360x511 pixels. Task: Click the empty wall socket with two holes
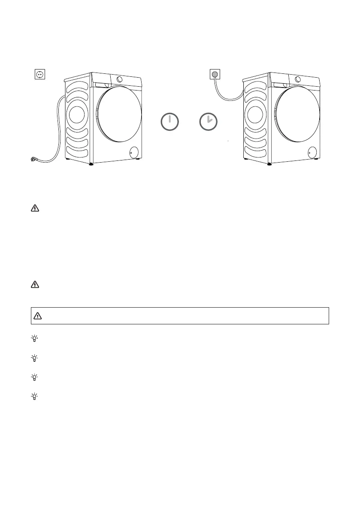[x=39, y=75]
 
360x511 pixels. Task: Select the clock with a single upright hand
[x=169, y=122]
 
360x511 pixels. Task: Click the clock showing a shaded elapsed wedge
[x=209, y=122]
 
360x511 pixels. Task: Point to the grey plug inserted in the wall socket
[x=215, y=75]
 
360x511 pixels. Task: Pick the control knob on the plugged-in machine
[x=297, y=79]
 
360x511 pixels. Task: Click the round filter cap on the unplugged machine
[x=133, y=151]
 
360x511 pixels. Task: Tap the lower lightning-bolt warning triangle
[x=35, y=284]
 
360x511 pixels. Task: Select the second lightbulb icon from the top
[x=35, y=358]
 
